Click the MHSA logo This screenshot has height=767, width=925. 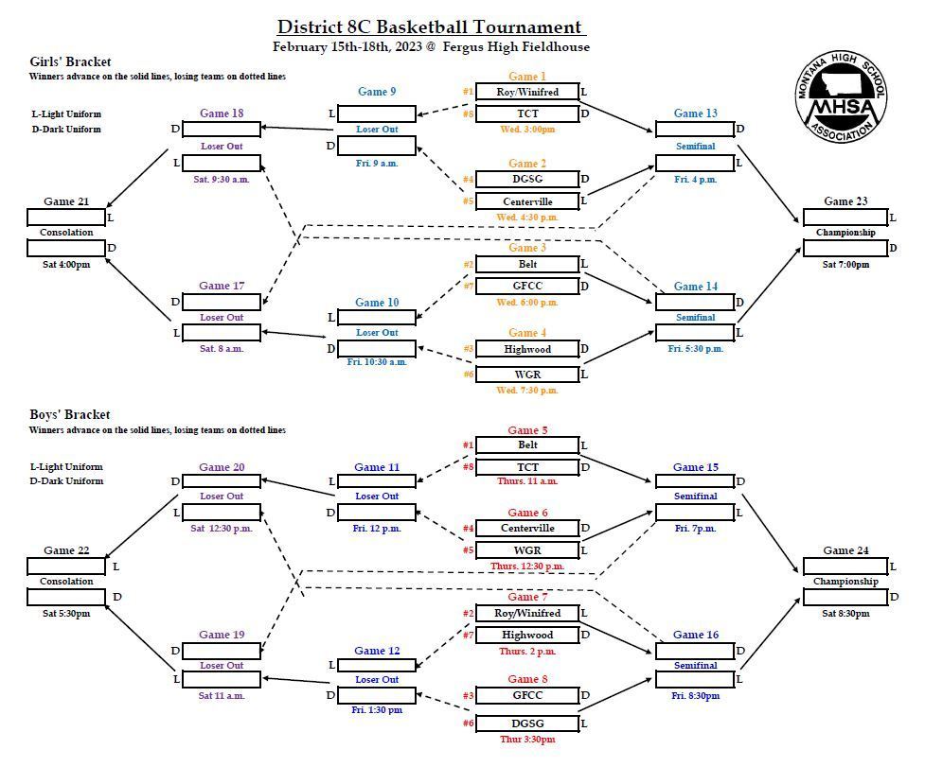coord(841,96)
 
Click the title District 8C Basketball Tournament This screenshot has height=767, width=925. coord(430,27)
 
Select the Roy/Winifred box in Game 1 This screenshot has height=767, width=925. coord(527,92)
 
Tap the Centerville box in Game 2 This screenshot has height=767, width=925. coord(527,201)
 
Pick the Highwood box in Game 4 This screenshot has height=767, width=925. coord(527,349)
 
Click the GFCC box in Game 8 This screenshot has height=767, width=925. coord(527,695)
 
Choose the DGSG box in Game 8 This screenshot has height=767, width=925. coord(527,723)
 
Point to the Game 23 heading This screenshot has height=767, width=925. coord(845,200)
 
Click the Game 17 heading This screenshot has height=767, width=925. coord(222,285)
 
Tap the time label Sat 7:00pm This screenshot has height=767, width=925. coord(845,265)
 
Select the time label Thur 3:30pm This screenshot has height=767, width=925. coord(527,740)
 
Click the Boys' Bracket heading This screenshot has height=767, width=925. coord(70,415)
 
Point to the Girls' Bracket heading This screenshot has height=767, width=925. coord(70,61)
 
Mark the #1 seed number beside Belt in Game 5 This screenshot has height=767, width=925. coord(468,445)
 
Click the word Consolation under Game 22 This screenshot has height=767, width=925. coord(66,582)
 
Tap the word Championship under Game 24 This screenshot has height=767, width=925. coord(845,582)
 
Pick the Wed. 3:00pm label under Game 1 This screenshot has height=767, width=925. coord(527,129)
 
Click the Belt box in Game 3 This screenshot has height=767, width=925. coord(527,264)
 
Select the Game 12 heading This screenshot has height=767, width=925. coord(377,651)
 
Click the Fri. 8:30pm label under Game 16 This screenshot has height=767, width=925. coord(696,696)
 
